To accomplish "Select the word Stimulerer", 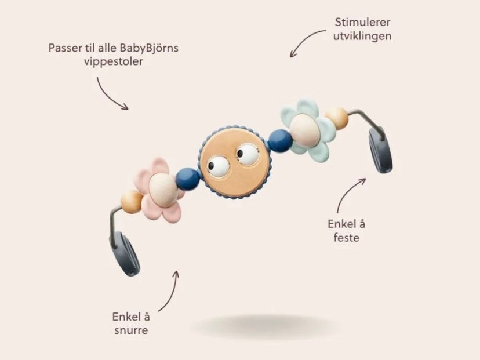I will point(363,23).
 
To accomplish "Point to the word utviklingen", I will point(363,36).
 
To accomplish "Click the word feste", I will point(347,238).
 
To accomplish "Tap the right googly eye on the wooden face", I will point(248,155).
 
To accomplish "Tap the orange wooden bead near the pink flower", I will point(130,202).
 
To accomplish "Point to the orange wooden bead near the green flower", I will point(337,119).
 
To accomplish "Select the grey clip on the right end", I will point(380,150).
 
